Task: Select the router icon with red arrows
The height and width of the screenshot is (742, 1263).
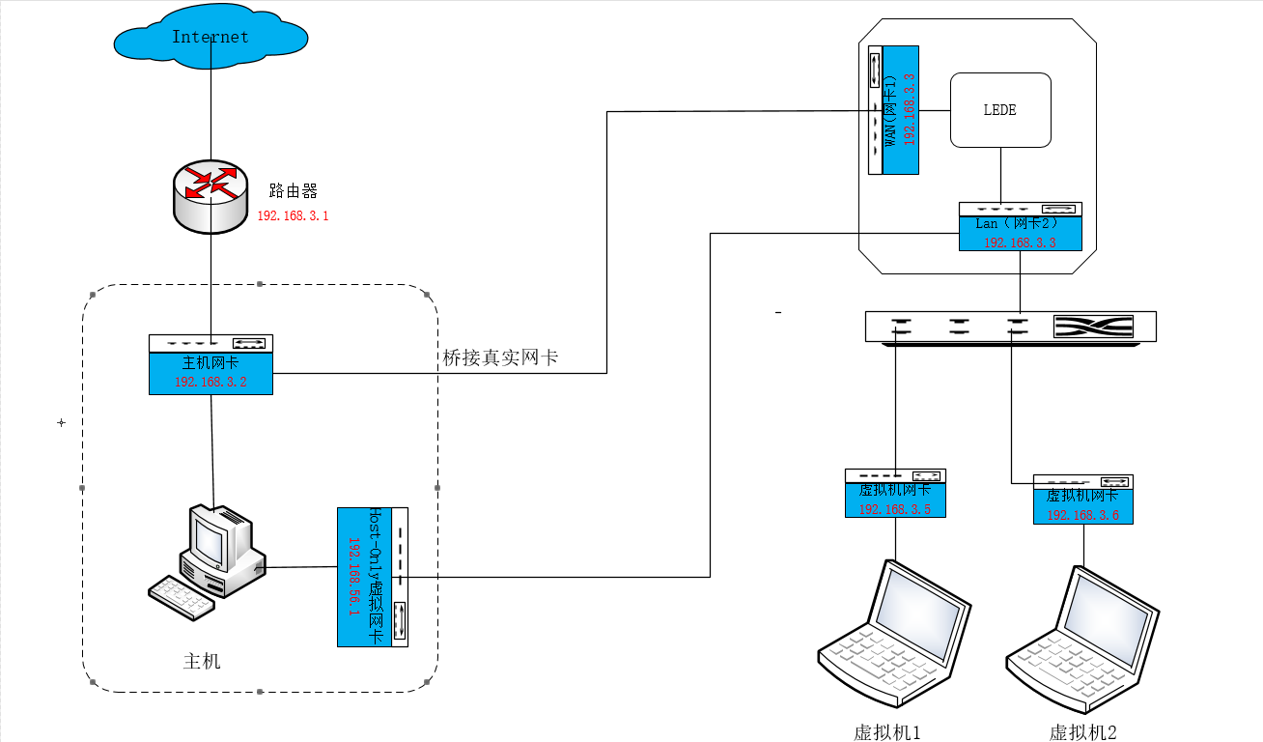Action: pos(210,195)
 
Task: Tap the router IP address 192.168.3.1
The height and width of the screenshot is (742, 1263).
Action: pos(293,216)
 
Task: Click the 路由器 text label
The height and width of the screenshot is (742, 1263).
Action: pos(294,190)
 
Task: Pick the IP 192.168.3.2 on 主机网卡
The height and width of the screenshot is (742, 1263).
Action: pos(210,382)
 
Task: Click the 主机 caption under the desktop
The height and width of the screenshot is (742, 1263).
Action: pos(202,662)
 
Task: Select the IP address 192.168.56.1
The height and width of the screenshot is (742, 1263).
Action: pos(353,577)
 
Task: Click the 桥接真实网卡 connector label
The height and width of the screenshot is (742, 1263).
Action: pos(500,358)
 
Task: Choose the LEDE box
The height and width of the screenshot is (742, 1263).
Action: pos(1000,110)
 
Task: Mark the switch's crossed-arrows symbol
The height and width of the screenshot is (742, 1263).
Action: pos(1092,327)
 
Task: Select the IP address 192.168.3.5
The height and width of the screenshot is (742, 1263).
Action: pos(895,509)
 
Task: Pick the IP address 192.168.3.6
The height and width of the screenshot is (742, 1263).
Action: pos(1083,515)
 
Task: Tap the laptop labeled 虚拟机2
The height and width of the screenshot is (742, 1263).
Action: pos(1082,638)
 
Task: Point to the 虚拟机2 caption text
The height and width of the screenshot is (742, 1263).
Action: pos(1082,732)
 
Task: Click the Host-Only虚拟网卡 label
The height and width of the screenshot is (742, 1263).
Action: pos(377,577)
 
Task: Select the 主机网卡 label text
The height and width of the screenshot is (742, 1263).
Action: pos(210,363)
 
